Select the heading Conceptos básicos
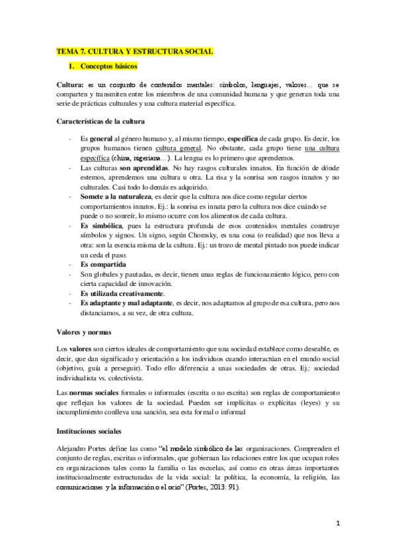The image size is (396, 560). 108,67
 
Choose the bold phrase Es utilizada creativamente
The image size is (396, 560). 122,293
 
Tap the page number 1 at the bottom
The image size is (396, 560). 337,523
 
